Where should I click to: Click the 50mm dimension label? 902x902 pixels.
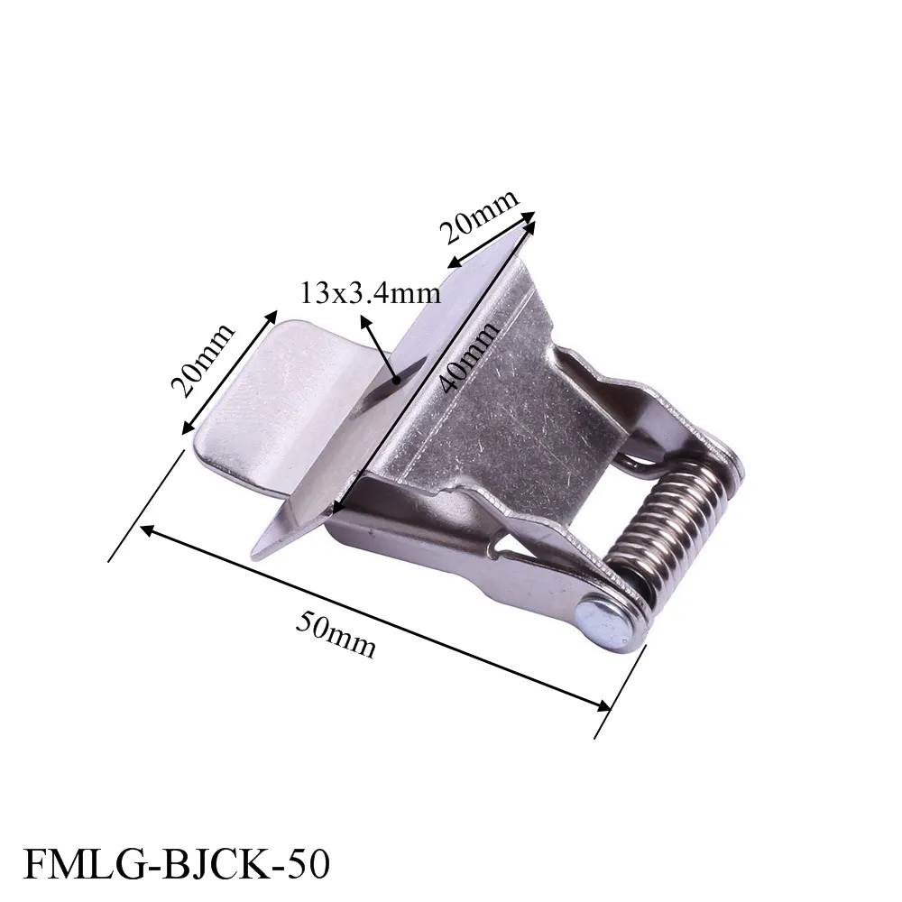(336, 634)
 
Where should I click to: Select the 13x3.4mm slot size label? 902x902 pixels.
(371, 293)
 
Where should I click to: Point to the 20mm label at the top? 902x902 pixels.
(479, 216)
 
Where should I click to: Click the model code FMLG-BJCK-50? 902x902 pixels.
(177, 863)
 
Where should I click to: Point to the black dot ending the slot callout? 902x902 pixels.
(396, 380)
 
